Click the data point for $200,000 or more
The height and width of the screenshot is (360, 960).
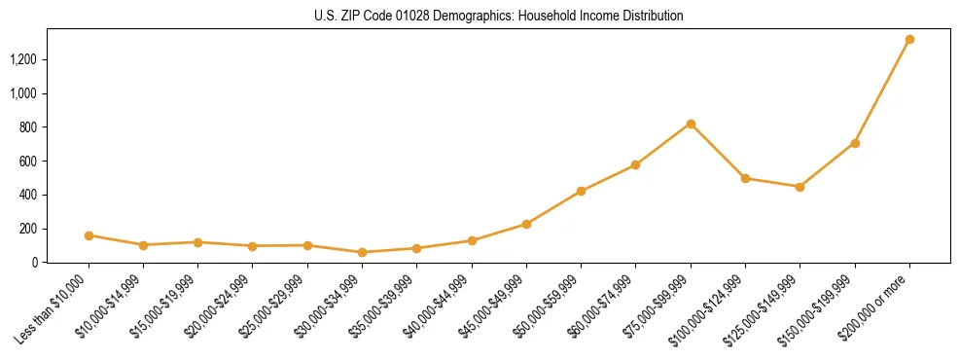click(909, 40)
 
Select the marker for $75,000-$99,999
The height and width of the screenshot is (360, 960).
click(691, 124)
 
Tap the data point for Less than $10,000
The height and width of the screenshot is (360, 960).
click(89, 235)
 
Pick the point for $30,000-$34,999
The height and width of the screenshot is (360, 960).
click(362, 252)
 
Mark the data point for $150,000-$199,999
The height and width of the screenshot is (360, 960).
click(855, 143)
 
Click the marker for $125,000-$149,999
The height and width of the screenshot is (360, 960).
click(800, 187)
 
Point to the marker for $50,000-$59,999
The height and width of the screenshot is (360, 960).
click(581, 191)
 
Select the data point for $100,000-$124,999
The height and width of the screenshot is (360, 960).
click(745, 178)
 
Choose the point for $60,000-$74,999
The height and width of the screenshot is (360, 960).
click(635, 164)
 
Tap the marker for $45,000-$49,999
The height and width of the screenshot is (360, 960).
click(526, 224)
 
